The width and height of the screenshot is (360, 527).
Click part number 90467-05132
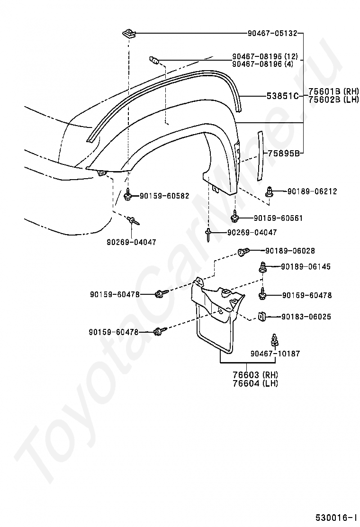[272, 34]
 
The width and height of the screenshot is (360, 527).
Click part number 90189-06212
[312, 191]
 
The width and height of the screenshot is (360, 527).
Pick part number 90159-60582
[164, 195]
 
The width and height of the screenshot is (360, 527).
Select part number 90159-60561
[278, 218]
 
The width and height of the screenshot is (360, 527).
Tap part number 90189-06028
[290, 251]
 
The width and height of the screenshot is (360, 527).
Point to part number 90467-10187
[275, 354]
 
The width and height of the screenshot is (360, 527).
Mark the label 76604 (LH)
[255, 383]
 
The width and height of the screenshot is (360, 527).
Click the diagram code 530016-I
[336, 517]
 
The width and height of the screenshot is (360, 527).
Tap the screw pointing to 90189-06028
[243, 252]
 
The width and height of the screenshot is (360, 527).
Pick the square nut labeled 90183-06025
[262, 316]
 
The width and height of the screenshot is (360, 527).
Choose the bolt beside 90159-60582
[128, 195]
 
